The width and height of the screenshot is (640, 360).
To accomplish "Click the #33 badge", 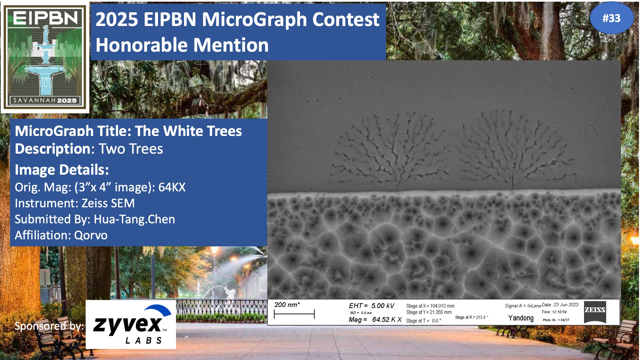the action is (x=612, y=18).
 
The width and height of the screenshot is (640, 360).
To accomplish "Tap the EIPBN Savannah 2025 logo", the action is (x=45, y=57).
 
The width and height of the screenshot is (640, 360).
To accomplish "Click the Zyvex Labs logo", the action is (x=131, y=324).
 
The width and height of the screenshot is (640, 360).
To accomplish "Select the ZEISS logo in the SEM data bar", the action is (x=595, y=312).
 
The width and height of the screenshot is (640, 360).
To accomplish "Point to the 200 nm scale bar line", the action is (x=294, y=314).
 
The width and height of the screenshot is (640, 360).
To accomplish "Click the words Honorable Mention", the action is (x=182, y=45).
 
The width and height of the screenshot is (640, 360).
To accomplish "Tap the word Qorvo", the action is (x=91, y=235).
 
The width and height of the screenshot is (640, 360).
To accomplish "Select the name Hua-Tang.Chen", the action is (x=134, y=219).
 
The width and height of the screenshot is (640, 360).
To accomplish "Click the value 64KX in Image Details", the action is (x=172, y=187).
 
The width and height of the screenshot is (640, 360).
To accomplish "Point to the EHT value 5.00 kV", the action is (x=383, y=306).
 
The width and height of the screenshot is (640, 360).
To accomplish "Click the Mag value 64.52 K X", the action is (x=387, y=320).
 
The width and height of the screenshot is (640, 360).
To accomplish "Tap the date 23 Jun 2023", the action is (x=566, y=305).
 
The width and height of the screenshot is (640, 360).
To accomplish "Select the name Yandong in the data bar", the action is (x=521, y=318).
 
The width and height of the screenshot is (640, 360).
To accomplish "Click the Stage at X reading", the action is (x=430, y=306).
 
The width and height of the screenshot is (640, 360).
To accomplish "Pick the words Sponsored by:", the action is (x=49, y=326).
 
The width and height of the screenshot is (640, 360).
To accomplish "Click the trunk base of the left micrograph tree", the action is (x=399, y=187).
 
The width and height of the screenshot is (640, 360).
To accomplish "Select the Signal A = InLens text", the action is (x=523, y=306).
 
